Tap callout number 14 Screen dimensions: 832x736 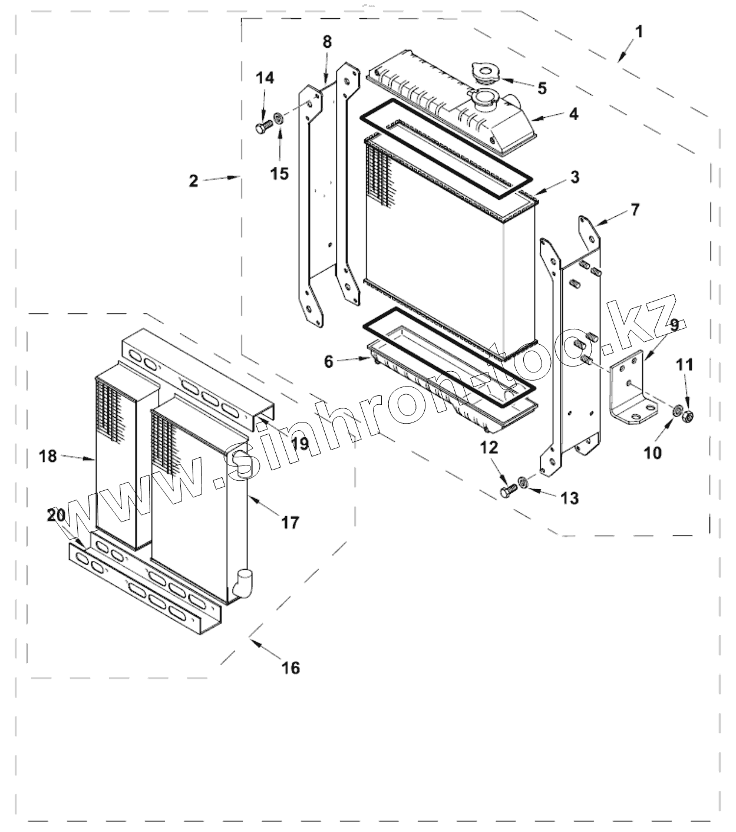click(x=265, y=78)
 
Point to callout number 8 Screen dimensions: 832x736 click(x=327, y=42)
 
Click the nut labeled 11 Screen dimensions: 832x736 click(x=686, y=417)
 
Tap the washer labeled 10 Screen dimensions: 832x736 click(x=678, y=410)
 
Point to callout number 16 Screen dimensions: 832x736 click(x=291, y=667)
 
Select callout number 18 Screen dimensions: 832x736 click(x=48, y=455)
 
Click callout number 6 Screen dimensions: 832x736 click(x=328, y=361)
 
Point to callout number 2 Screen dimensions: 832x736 click(x=194, y=181)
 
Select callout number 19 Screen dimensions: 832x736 click(x=300, y=444)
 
